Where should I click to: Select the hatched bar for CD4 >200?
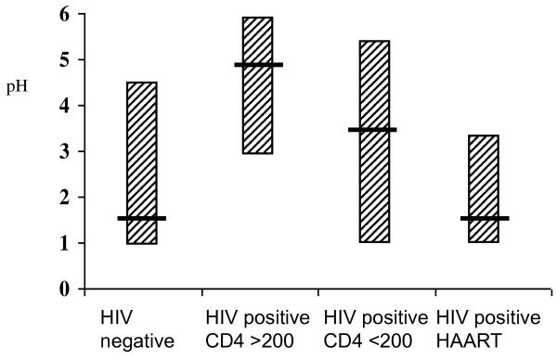[x=257, y=111]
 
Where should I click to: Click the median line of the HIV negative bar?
[x=142, y=218]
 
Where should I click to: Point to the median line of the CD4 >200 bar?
[x=258, y=65]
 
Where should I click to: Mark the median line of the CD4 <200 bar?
[x=373, y=130]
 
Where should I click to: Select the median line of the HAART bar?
[x=485, y=218]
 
